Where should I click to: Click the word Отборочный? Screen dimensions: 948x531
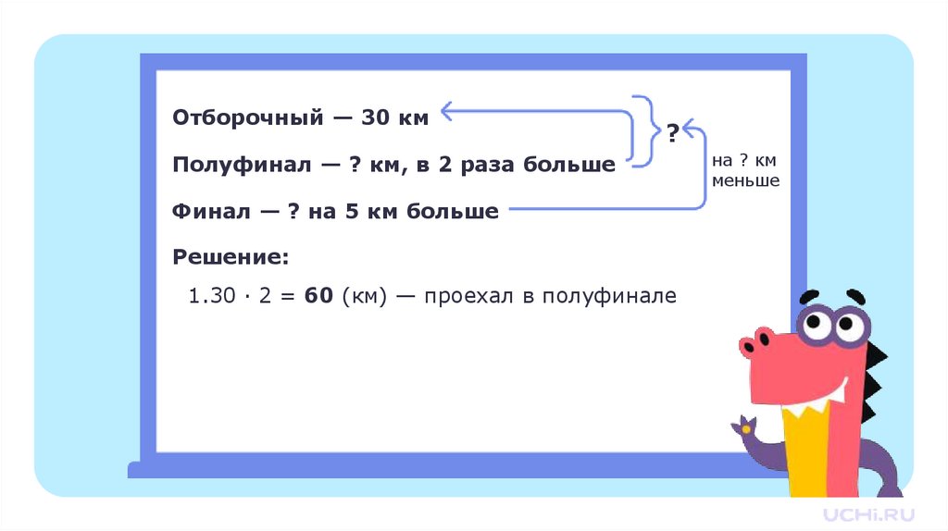point(247,117)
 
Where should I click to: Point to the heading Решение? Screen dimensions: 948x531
point(231,255)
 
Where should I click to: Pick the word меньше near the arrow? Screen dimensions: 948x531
point(746,181)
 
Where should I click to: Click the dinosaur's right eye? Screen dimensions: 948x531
point(847,326)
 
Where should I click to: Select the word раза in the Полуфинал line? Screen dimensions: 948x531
point(459,165)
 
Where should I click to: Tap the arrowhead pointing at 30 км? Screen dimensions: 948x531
point(447,112)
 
